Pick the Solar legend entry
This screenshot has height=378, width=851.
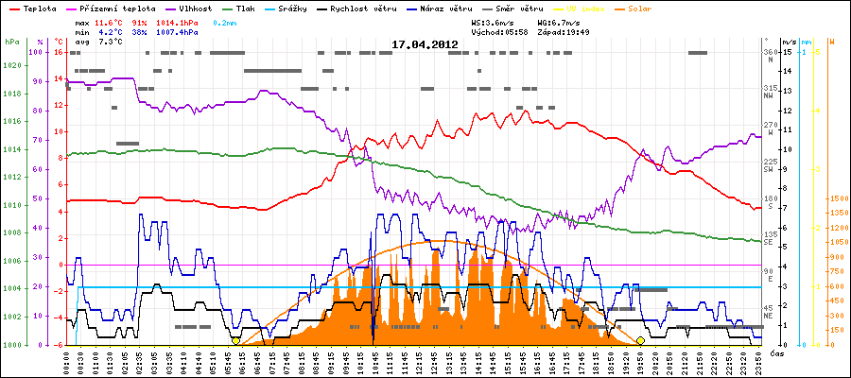point(653,8)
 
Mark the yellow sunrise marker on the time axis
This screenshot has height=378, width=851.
point(235,340)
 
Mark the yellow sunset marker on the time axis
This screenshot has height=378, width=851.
point(640,340)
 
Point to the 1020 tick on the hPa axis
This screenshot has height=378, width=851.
point(11,66)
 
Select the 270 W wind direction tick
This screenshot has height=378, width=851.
point(769,126)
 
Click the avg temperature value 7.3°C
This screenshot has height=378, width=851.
point(112,42)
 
